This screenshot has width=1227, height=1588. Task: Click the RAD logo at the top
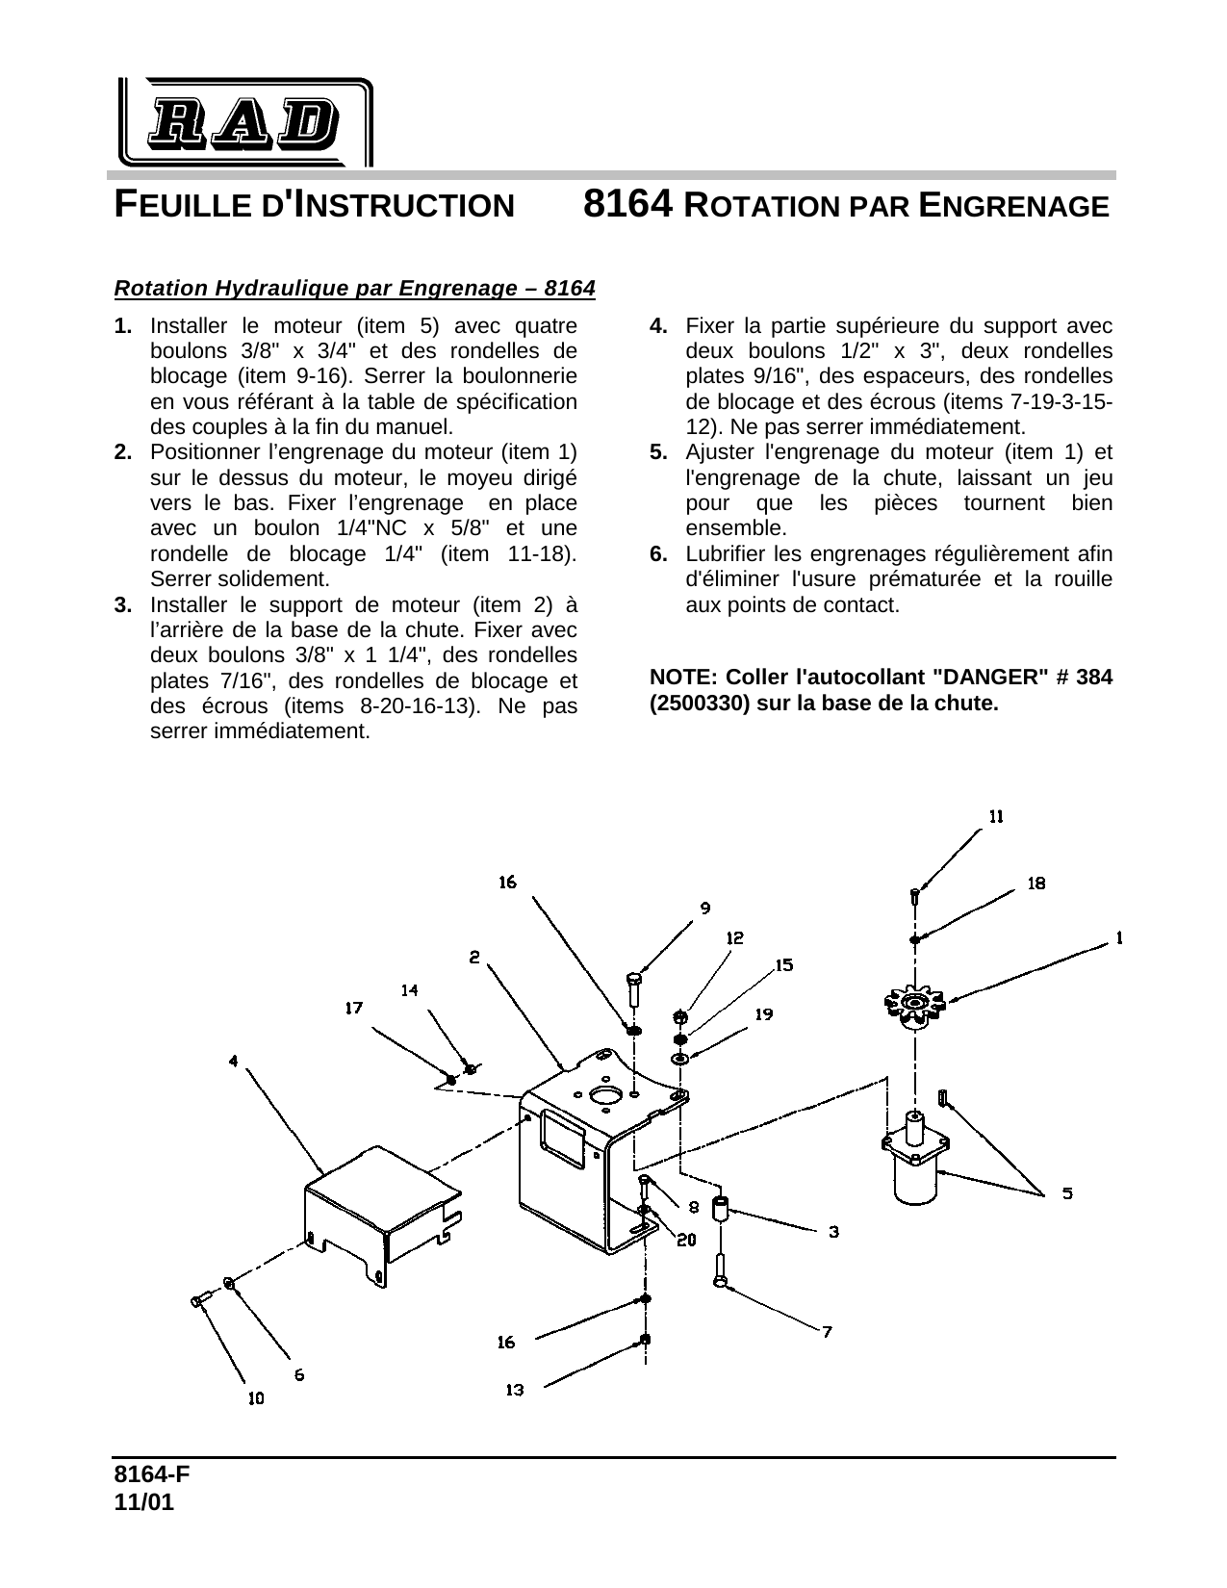click(245, 122)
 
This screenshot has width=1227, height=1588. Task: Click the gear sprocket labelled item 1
click(915, 1004)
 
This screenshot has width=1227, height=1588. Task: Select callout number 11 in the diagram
click(997, 816)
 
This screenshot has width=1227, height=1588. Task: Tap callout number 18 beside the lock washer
click(1036, 883)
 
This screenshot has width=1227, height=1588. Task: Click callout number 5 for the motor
click(1067, 1193)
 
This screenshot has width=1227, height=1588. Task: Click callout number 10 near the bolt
click(256, 1398)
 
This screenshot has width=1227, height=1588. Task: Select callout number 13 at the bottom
click(515, 1389)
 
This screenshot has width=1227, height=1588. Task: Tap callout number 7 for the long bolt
click(827, 1331)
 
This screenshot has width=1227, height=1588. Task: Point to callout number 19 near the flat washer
click(763, 1014)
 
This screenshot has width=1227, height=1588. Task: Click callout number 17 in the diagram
click(354, 1008)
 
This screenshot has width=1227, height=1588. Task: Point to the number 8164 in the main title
click(626, 205)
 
